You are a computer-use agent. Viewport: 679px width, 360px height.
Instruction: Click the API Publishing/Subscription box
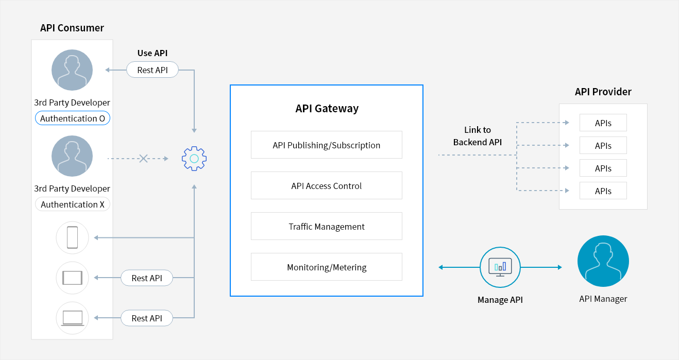[327, 145]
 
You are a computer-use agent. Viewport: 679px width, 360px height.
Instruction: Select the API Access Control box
[327, 185]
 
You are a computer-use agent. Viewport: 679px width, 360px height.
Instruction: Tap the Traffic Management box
[327, 226]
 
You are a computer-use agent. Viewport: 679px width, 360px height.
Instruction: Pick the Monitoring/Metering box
[327, 267]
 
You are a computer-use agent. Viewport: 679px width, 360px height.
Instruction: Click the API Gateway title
[327, 109]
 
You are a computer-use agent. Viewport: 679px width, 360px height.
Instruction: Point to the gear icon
[194, 159]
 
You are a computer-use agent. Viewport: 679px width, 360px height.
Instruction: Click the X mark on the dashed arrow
[143, 159]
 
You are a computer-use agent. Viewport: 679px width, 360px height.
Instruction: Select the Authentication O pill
[73, 118]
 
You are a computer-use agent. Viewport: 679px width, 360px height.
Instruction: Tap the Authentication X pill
[73, 204]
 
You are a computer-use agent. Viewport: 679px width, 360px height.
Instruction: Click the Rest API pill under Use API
[152, 70]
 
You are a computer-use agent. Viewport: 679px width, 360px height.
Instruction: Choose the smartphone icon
[73, 237]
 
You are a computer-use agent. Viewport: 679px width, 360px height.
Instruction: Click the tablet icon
[73, 278]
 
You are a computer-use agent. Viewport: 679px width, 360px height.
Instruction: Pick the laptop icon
[73, 318]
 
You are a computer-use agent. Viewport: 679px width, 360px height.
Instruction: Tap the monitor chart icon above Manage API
[500, 267]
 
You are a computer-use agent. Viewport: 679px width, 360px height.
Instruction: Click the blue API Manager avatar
[603, 261]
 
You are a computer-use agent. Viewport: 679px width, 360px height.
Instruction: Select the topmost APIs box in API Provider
[603, 123]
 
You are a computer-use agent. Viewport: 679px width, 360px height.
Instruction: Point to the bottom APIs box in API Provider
[603, 191]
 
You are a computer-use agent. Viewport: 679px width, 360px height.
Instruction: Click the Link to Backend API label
[478, 136]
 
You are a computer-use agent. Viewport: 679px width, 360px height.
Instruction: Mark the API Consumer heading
[72, 28]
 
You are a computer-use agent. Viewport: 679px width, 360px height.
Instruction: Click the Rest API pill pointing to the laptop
[147, 318]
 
